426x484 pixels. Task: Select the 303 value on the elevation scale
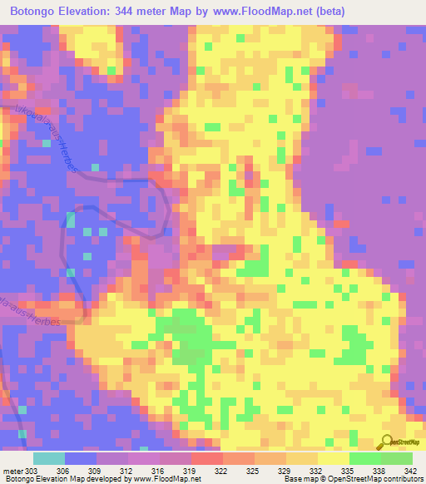pyautogui.click(x=32, y=471)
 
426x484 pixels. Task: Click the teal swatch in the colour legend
pyautogui.click(x=48, y=458)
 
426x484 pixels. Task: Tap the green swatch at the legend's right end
pyautogui.click(x=397, y=458)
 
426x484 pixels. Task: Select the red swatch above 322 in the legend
pyautogui.click(x=206, y=458)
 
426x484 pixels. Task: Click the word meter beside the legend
pyautogui.click(x=12, y=471)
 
